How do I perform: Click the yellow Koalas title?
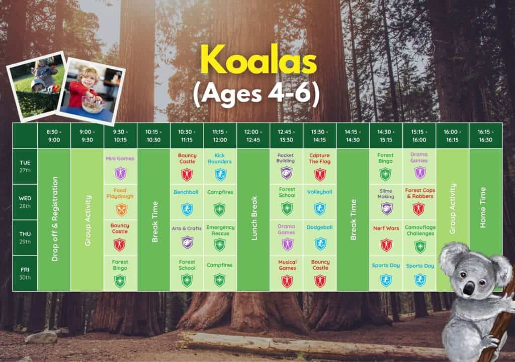pyautogui.click(x=259, y=60)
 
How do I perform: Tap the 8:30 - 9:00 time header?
pyautogui.click(x=54, y=136)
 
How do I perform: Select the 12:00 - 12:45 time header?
pyautogui.click(x=253, y=136)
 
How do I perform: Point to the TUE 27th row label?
pyautogui.click(x=25, y=167)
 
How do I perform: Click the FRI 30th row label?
pyautogui.click(x=25, y=274)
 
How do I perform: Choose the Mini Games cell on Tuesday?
pyautogui.click(x=120, y=167)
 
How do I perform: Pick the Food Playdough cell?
pyautogui.click(x=120, y=202)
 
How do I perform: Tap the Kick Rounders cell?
pyautogui.click(x=220, y=167)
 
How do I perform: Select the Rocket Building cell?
pyautogui.click(x=286, y=167)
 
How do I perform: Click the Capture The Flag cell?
pyautogui.click(x=319, y=167)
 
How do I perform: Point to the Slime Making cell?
pyautogui.click(x=386, y=202)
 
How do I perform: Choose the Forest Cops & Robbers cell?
pyautogui.click(x=419, y=202)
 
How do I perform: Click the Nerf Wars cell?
pyautogui.click(x=386, y=237)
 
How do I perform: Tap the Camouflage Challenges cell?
pyautogui.click(x=419, y=237)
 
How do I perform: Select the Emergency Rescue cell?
pyautogui.click(x=220, y=237)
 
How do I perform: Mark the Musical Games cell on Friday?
pyautogui.click(x=286, y=274)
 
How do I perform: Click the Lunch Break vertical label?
pyautogui.click(x=254, y=218)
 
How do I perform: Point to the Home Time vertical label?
pyautogui.click(x=482, y=207)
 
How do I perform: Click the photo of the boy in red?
pyautogui.click(x=91, y=91)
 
